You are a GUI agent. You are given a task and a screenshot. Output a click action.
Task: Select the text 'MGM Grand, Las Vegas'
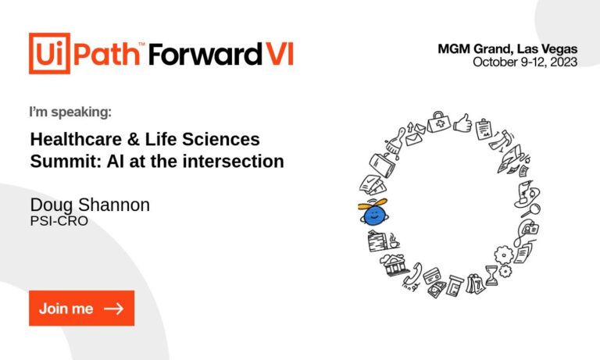[507, 49]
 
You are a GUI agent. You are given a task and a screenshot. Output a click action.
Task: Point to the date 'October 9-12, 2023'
[525, 62]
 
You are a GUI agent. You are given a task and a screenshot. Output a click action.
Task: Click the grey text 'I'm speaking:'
[70, 112]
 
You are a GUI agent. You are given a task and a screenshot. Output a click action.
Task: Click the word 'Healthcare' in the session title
[76, 139]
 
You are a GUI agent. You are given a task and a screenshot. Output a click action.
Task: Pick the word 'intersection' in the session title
[234, 161]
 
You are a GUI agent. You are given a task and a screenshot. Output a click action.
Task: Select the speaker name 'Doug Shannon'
[90, 205]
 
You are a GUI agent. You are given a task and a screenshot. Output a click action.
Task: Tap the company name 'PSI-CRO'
[59, 221]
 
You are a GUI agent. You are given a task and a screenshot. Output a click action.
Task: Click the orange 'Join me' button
[81, 308]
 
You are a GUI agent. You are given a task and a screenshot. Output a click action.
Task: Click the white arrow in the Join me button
[113, 308]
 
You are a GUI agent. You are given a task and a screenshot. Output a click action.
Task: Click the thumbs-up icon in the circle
[462, 123]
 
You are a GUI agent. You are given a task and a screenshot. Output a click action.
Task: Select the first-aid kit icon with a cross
[438, 122]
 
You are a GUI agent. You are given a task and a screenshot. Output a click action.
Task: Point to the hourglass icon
[491, 276]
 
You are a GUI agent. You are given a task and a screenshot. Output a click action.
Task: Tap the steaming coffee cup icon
[394, 241]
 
